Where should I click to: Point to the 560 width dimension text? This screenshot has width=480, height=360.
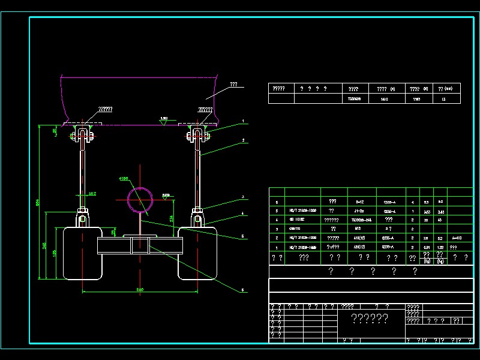140,290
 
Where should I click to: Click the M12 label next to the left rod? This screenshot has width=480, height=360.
92,193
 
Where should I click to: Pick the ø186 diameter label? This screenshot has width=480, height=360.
124,179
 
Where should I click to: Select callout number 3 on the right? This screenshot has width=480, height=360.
243,197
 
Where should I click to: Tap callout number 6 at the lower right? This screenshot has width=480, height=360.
243,290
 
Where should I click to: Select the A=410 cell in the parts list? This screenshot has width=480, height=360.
458,238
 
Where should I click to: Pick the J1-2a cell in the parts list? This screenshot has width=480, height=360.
360,211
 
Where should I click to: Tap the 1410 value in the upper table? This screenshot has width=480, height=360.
384,99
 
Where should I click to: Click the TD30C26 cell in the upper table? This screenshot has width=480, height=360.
354,99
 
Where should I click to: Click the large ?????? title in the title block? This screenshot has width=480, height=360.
369,319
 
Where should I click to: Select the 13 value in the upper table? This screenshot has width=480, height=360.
443,99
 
